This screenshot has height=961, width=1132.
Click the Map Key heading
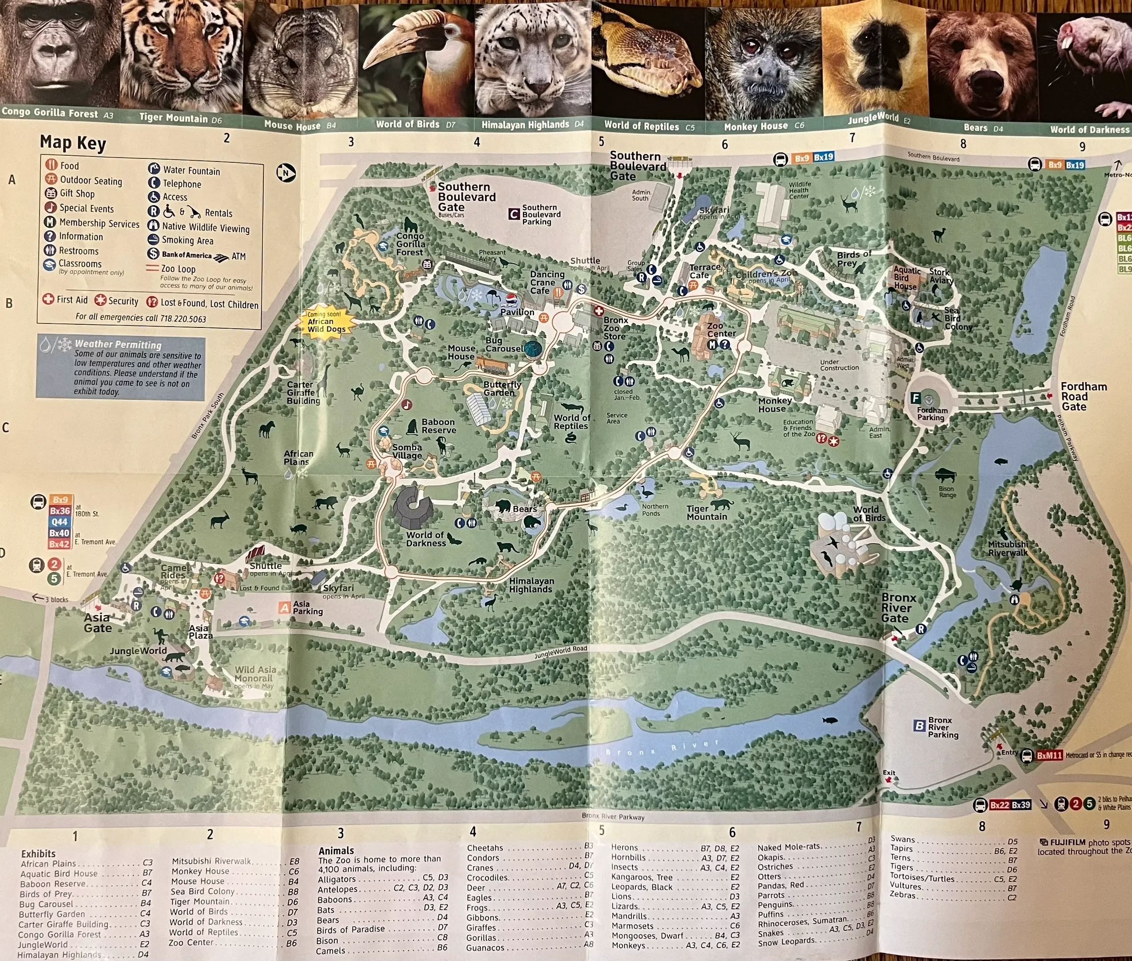coord(73,143)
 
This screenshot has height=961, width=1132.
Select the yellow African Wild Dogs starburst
coord(326,322)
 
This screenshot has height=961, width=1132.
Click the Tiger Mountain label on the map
coord(707,513)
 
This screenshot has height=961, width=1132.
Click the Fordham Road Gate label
coord(1083,396)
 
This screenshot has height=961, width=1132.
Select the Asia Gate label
coord(97,623)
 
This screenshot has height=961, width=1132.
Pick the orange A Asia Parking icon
coord(284,607)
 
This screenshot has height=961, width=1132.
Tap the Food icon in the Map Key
coord(51,165)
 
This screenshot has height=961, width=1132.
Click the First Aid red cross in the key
coord(49,299)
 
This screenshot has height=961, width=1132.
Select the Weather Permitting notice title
coord(118,344)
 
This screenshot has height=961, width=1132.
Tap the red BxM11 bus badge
coord(1049,755)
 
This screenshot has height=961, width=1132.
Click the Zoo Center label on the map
coord(721,330)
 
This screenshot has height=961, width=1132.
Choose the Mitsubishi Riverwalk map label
coord(1008,548)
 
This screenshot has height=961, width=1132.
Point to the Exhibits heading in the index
coord(38,853)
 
